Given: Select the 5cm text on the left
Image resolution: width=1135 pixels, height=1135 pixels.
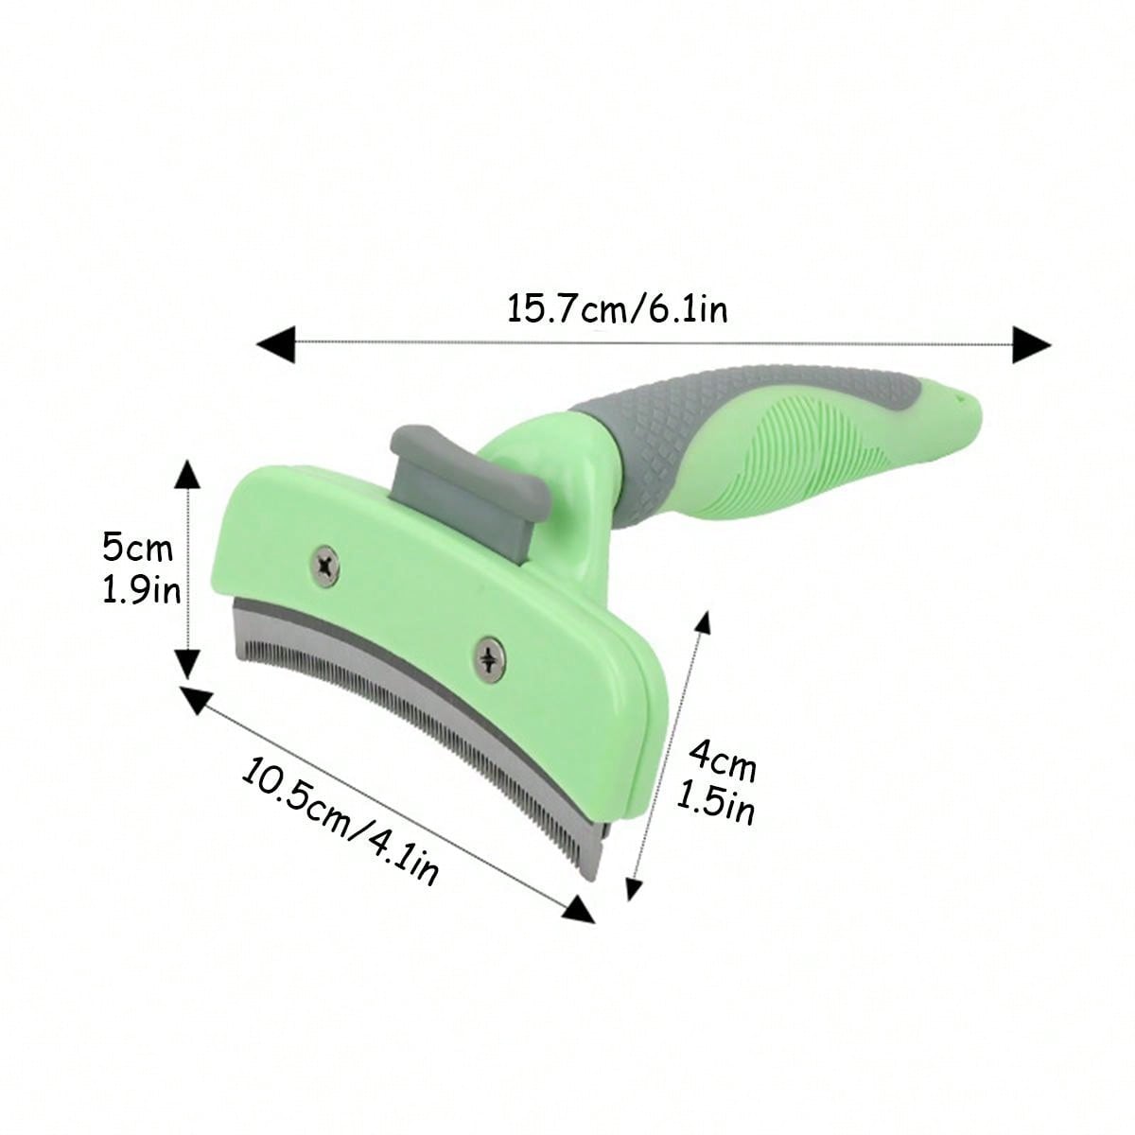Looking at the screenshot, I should tap(138, 548).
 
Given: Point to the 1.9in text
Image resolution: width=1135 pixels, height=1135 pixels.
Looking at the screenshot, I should tap(141, 591).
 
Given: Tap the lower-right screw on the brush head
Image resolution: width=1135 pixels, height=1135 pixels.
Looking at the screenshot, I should tap(490, 656).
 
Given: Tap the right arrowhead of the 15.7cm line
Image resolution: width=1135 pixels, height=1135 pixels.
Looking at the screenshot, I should tap(1031, 343).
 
